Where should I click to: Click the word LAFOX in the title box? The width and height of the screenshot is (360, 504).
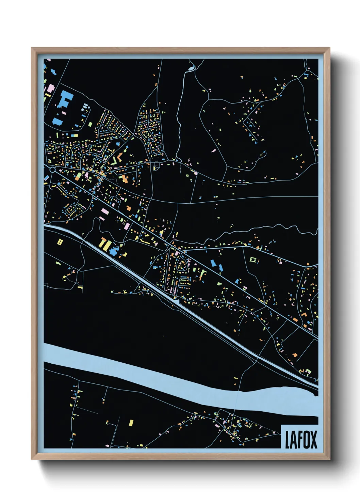(x=301, y=440)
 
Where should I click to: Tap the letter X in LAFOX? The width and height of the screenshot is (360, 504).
(x=313, y=440)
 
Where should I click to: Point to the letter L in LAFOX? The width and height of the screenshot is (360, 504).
(x=288, y=440)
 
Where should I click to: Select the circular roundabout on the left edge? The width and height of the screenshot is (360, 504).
(x=52, y=169)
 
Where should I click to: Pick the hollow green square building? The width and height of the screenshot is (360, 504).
(x=253, y=260)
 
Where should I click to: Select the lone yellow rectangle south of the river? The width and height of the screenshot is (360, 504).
(x=131, y=423)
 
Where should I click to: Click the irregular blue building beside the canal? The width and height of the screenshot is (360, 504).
(x=116, y=250)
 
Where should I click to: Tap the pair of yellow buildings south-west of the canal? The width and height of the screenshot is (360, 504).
(x=60, y=242)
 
